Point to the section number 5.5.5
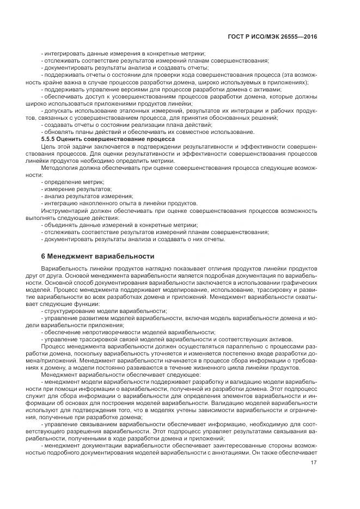[x=50, y=139]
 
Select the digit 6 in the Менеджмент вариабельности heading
[x=43, y=255]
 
